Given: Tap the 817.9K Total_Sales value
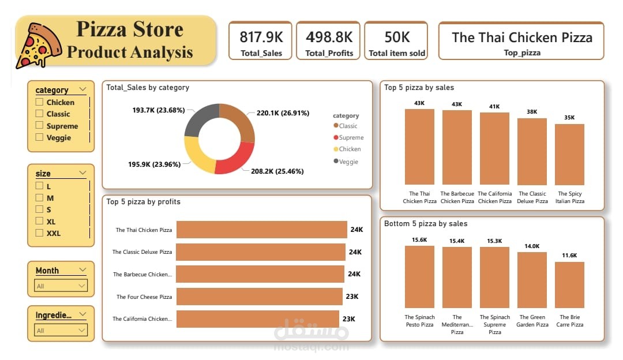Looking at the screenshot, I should tap(261, 37).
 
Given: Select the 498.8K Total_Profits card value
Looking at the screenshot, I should tap(329, 37).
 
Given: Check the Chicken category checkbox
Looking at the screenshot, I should tap(39, 102).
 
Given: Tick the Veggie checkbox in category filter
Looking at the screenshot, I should tap(39, 137).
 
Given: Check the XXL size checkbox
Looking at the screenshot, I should tap(39, 233).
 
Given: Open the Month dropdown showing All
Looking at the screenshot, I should tap(61, 286).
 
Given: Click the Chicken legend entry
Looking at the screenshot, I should tap(348, 149).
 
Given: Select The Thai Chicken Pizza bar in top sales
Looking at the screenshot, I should tap(419, 147).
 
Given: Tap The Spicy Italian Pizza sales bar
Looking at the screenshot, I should tap(569, 154).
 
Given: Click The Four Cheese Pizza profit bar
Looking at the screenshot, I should tap(259, 297).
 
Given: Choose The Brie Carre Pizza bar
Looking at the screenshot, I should tap(569, 284).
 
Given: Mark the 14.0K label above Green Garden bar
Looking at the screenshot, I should tap(532, 246).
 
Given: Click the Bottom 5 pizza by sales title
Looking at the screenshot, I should tap(426, 224).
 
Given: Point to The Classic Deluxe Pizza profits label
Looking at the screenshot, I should tap(142, 252).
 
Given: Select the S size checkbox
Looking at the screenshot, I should tap(39, 209).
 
